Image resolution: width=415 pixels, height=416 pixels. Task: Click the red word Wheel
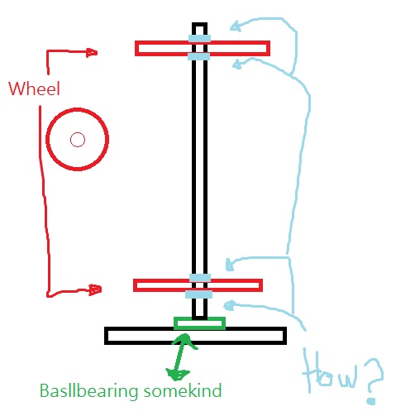point(34,88)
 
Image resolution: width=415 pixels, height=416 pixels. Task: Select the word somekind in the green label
point(183,390)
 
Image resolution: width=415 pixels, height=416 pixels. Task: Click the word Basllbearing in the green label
point(88,391)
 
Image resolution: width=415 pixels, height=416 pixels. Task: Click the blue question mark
point(374,381)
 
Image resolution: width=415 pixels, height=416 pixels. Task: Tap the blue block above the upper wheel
point(199,38)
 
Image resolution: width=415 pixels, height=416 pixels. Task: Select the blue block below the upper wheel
point(198,56)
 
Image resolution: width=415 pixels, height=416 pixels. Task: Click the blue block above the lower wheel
point(200,278)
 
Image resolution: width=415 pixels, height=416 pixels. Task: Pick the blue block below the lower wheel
point(198,294)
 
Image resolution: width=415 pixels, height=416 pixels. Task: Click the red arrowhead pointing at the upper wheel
point(92,52)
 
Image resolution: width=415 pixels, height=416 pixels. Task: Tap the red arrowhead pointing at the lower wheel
point(96,289)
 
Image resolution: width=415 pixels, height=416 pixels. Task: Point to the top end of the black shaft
point(199,24)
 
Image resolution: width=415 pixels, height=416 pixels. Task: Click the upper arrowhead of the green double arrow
point(184,340)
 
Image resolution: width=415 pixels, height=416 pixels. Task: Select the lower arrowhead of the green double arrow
point(177,374)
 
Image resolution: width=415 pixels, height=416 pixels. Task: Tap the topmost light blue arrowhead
point(235,26)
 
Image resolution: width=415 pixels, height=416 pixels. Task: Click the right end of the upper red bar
point(269,48)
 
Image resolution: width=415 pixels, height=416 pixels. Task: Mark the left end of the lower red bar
point(135,285)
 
